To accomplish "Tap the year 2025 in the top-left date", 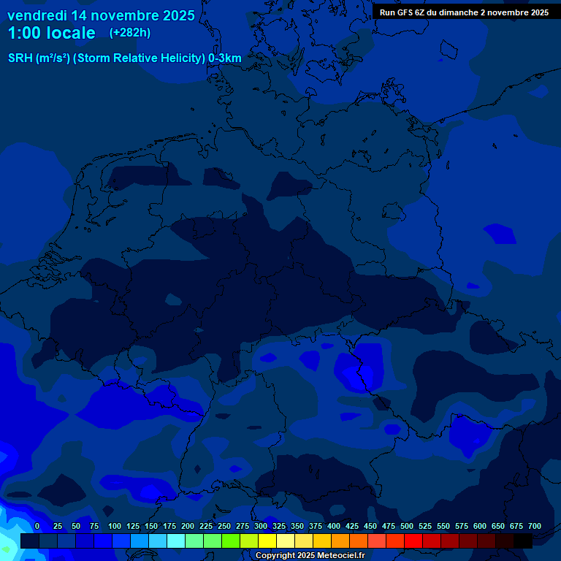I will click(x=178, y=15).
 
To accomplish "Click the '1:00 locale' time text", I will click(x=51, y=33).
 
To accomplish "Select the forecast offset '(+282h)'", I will click(x=130, y=33).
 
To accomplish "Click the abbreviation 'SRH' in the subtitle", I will click(x=20, y=58).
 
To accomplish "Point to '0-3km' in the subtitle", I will click(x=224, y=58).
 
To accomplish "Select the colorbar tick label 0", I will click(x=37, y=526).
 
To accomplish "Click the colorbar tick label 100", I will click(x=115, y=526).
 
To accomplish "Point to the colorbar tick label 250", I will click(x=224, y=526).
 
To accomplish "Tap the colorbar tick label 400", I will click(x=334, y=526).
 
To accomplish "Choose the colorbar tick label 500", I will click(x=407, y=526).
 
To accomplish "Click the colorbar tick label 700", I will click(x=534, y=526).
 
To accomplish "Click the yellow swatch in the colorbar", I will click(x=267, y=541).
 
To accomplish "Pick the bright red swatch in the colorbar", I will click(x=413, y=541).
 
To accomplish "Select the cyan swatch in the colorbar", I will click(x=176, y=541).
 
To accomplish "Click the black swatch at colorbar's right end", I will click(x=523, y=541).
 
